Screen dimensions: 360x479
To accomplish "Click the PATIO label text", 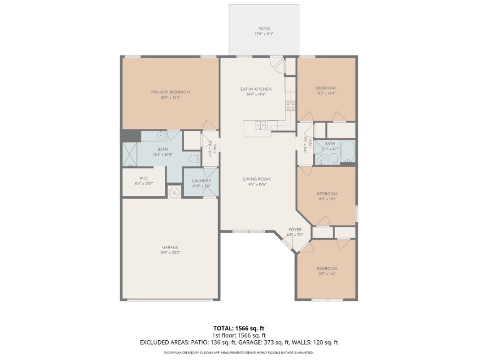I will (x=264, y=29).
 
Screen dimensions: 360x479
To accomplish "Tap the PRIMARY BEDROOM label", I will (x=170, y=92).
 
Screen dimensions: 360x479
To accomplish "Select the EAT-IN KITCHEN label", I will (x=256, y=89).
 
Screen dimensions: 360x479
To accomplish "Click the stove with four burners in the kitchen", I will (x=290, y=105).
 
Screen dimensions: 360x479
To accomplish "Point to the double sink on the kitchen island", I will (x=260, y=125).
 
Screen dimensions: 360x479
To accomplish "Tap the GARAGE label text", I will (x=170, y=247).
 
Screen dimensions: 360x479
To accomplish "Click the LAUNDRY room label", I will (x=201, y=181).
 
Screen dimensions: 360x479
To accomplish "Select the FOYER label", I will (x=296, y=230).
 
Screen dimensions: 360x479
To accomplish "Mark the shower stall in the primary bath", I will (x=131, y=154).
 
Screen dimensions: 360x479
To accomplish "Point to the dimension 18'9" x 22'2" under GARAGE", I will (x=170, y=253).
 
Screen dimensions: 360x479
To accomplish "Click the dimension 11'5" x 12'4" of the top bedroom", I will (x=326, y=94).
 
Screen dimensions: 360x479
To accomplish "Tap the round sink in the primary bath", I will (x=161, y=135).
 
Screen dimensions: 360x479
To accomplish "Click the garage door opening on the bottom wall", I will (x=170, y=300).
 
